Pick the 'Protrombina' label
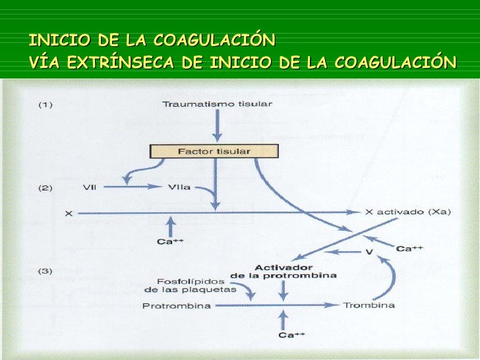click(177, 306)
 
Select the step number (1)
click(45, 104)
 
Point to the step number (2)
click(45, 187)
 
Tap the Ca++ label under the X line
click(169, 241)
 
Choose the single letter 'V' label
click(369, 253)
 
